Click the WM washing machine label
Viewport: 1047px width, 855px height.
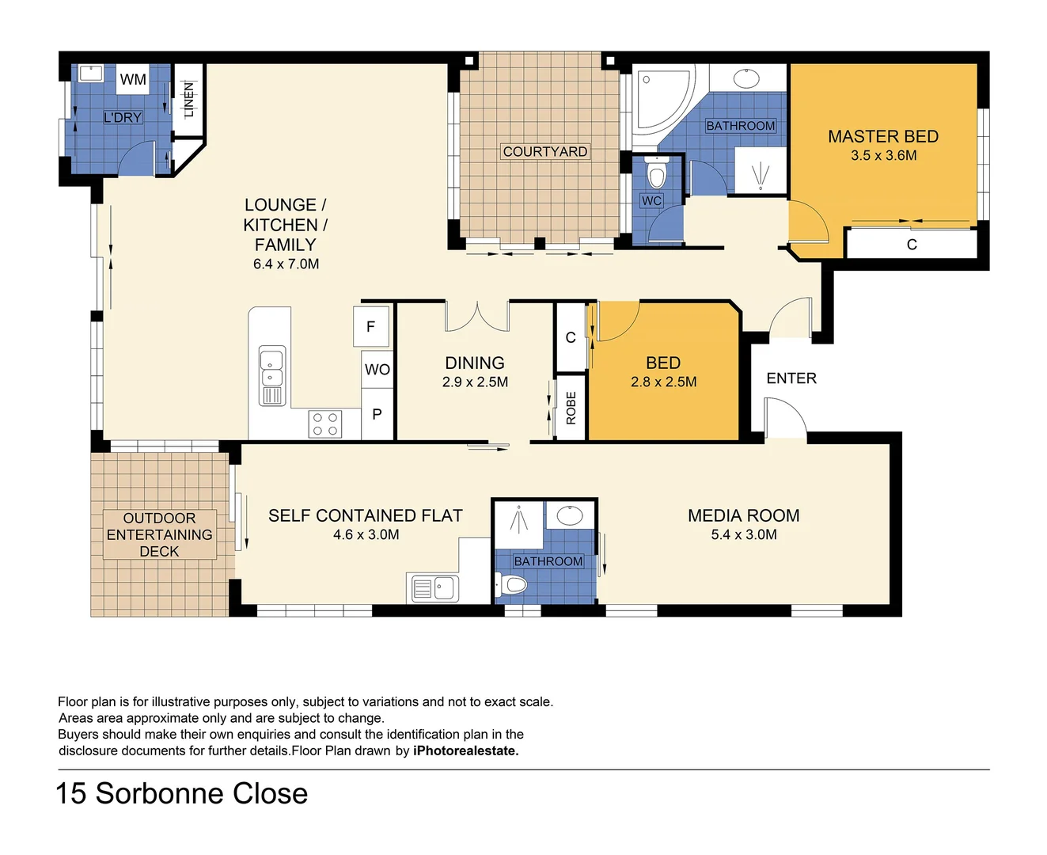(x=133, y=79)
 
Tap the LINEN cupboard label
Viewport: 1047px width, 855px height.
(x=188, y=100)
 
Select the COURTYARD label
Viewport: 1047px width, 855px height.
(x=544, y=151)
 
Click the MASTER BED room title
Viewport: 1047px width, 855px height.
(x=883, y=136)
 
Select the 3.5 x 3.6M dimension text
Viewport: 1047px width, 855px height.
(x=883, y=156)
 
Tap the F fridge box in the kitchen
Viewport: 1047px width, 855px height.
(x=370, y=326)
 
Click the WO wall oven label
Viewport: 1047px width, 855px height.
(x=377, y=370)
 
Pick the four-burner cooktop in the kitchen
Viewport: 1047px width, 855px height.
(x=325, y=424)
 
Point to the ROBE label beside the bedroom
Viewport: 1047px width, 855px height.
(x=571, y=408)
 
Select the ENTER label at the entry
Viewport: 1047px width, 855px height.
(x=791, y=378)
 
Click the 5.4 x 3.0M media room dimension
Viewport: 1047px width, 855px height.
(x=744, y=535)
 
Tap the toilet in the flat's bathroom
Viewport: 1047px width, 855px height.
(x=513, y=585)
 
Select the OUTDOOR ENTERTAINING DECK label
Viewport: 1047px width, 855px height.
(x=159, y=535)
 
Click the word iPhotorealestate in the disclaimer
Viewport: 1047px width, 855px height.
(x=465, y=750)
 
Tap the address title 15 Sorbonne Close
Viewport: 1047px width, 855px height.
(x=181, y=793)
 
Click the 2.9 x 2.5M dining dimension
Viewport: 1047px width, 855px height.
(x=475, y=382)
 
